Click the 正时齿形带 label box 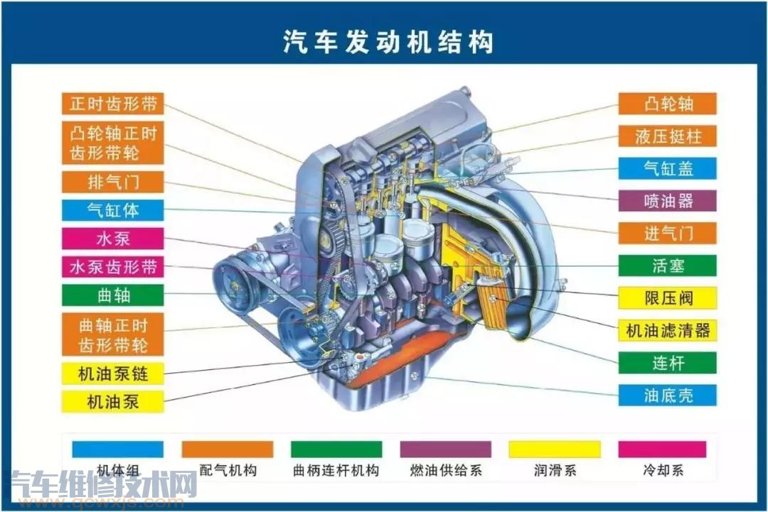[112, 104]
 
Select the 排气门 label [112, 182]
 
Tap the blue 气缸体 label [112, 210]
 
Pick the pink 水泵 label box [112, 239]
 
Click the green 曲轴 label [112, 295]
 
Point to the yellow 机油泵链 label [112, 374]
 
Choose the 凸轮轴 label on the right [668, 104]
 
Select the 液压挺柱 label [668, 136]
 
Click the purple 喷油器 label [668, 201]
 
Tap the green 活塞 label [668, 266]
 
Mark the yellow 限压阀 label [668, 298]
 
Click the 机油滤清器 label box [668, 331]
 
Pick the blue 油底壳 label [668, 395]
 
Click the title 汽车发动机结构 [388, 42]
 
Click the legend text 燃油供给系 [446, 470]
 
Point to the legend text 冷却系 [663, 470]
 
